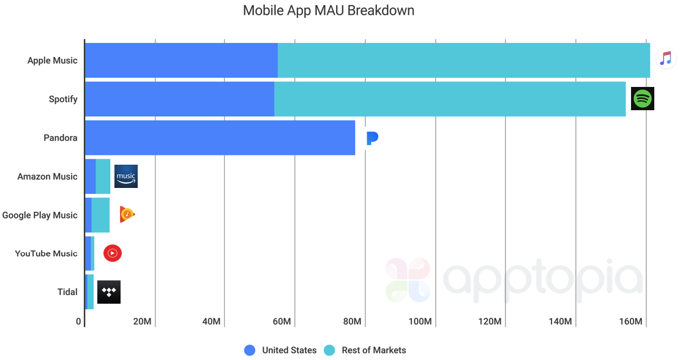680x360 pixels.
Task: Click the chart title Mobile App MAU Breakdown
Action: pyautogui.click(x=328, y=10)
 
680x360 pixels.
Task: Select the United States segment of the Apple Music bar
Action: pyautogui.click(x=181, y=61)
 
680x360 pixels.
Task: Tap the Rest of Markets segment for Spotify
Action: pyautogui.click(x=450, y=99)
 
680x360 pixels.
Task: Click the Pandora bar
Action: pyautogui.click(x=220, y=138)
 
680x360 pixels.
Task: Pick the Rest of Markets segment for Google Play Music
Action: pyautogui.click(x=101, y=215)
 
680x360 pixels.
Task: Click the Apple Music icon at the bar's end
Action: pyautogui.click(x=665, y=59)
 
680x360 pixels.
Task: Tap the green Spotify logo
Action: pyautogui.click(x=642, y=99)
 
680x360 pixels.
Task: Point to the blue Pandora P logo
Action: pyautogui.click(x=372, y=138)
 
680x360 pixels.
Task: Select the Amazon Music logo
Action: pyautogui.click(x=126, y=176)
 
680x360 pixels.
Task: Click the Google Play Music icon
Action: pyautogui.click(x=127, y=214)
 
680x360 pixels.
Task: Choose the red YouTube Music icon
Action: pyautogui.click(x=113, y=253)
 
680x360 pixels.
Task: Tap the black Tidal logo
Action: pyautogui.click(x=109, y=292)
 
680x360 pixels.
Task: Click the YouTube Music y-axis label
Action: pyautogui.click(x=47, y=253)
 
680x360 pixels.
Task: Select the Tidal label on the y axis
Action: pyautogui.click(x=67, y=292)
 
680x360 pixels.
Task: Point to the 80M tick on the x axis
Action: pyautogui.click(x=353, y=322)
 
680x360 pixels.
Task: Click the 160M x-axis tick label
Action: pyautogui.click(x=630, y=322)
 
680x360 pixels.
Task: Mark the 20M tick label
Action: pyautogui.click(x=142, y=322)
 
